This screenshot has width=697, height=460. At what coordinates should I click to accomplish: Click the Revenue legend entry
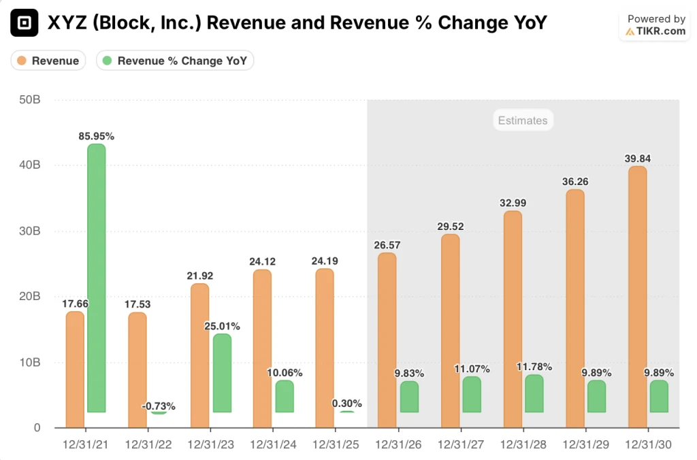tap(48, 61)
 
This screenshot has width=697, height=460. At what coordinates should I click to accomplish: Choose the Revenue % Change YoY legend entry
tap(176, 61)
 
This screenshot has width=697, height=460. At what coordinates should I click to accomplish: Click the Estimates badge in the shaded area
tap(522, 120)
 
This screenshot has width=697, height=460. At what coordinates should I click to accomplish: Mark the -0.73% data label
tap(159, 406)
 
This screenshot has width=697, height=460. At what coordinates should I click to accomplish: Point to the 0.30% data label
tap(346, 403)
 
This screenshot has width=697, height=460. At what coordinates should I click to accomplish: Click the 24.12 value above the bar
tap(261, 261)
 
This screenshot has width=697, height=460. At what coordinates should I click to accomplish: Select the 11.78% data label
tap(534, 367)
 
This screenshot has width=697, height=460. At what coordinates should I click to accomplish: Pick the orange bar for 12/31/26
tap(387, 340)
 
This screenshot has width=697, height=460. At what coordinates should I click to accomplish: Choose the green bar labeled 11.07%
tap(472, 395)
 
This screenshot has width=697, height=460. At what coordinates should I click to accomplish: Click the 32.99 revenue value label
tap(512, 203)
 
